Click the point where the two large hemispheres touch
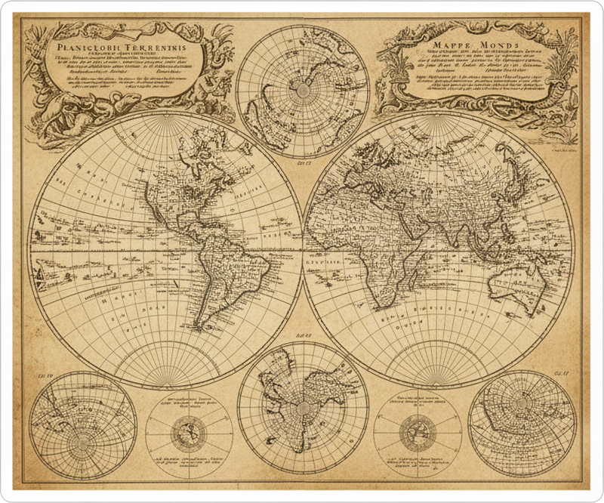(x=302, y=249)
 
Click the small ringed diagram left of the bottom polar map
(x=188, y=434)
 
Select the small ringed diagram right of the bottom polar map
(x=416, y=434)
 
